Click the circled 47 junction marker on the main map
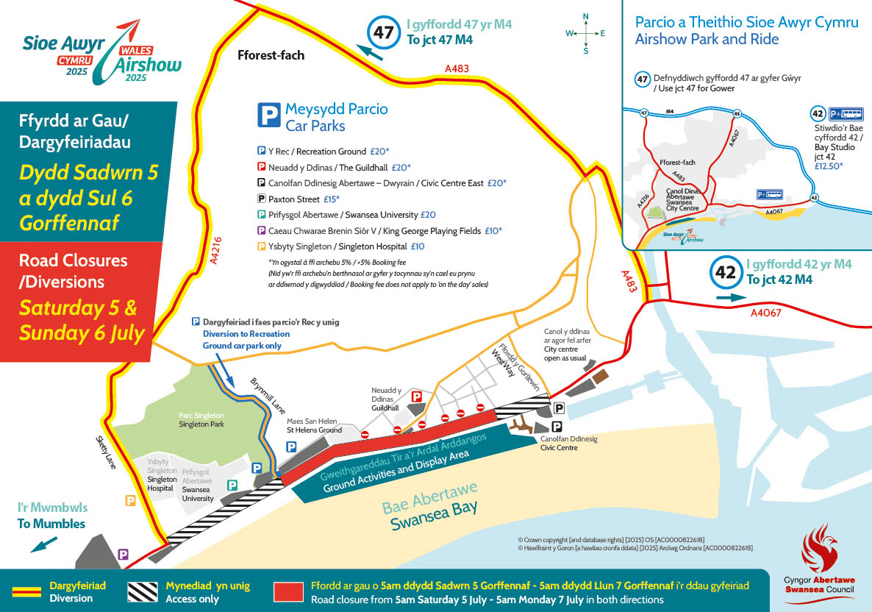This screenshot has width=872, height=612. point(384,33)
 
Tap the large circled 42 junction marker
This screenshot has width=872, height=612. point(726,272)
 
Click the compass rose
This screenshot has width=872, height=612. point(585,33)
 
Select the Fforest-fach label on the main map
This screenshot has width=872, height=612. point(271,55)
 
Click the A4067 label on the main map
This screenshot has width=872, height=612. point(765,313)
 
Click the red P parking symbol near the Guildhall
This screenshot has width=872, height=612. point(416,396)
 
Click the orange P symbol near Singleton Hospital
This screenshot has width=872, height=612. point(131,500)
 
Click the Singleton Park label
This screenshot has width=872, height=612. point(201,420)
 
